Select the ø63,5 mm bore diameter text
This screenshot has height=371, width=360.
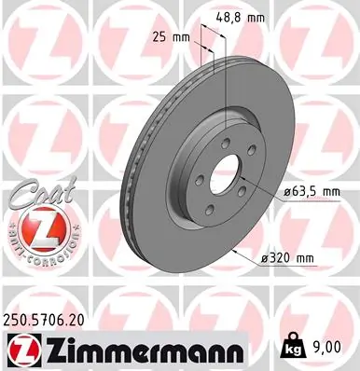click(x=311, y=193)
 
